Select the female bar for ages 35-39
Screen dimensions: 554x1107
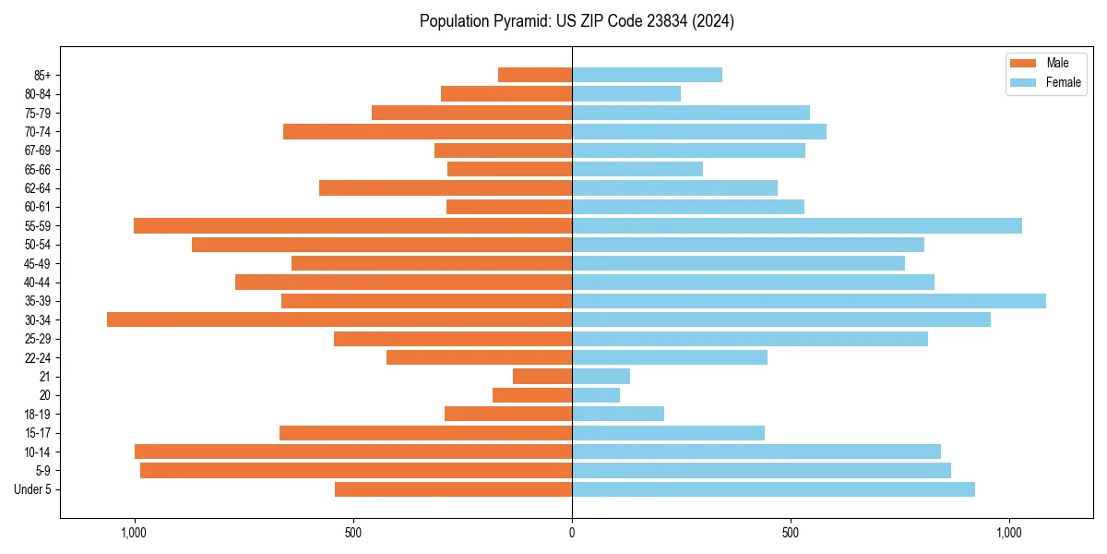click(x=809, y=301)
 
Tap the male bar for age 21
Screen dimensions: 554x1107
click(x=542, y=376)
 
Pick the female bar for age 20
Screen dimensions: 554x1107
click(x=596, y=395)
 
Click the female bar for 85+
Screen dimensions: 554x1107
click(x=647, y=75)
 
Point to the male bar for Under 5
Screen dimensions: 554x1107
click(x=453, y=489)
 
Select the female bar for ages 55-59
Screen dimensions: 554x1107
click(x=797, y=225)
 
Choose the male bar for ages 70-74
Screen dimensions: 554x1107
click(x=427, y=131)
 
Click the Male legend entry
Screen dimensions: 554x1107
click(x=1045, y=63)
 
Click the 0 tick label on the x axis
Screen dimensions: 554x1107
click(x=572, y=533)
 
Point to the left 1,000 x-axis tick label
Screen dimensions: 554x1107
click(x=135, y=533)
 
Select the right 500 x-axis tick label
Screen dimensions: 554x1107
click(x=791, y=533)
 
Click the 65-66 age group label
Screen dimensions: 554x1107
click(x=39, y=169)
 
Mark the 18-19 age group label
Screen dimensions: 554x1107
click(x=39, y=414)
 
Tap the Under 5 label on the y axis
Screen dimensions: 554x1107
click(x=33, y=489)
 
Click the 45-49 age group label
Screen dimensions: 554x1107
click(x=39, y=263)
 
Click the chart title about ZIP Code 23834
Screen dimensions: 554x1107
click(x=577, y=21)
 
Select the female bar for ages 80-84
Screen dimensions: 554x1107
click(x=626, y=93)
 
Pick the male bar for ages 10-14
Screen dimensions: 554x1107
click(x=353, y=452)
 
